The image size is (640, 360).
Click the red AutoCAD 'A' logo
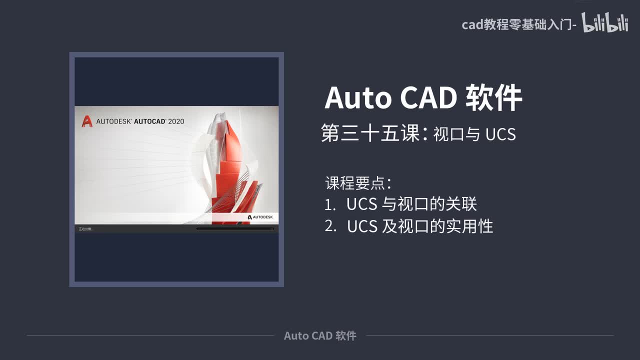tap(86, 121)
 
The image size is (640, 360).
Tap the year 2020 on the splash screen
tap(176, 121)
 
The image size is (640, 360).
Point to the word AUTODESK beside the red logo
tap(113, 121)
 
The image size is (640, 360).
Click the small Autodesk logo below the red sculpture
tap(260, 217)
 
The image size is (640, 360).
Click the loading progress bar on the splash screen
tap(235, 229)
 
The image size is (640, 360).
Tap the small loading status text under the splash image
tap(86, 229)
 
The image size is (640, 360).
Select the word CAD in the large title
tap(428, 97)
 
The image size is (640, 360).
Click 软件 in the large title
tap(494, 97)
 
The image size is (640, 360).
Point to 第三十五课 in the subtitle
tap(370, 134)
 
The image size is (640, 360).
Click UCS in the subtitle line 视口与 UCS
tap(500, 135)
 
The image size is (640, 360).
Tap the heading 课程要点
tap(355, 183)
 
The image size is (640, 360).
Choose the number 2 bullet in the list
tap(330, 226)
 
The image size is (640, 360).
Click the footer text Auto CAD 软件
tap(320, 335)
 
